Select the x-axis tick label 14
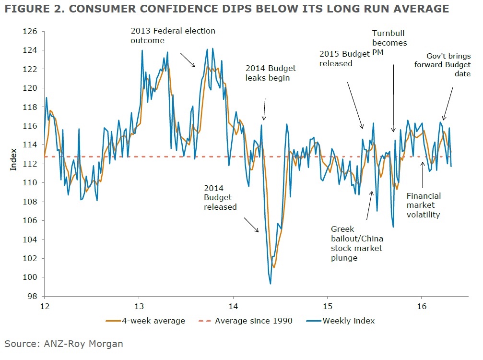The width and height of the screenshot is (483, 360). [233, 306]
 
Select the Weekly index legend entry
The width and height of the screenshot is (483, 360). [343, 321]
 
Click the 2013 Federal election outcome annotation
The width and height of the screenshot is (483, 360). [173, 36]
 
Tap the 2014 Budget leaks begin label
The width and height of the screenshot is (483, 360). [271, 73]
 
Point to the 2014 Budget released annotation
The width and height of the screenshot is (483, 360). [220, 197]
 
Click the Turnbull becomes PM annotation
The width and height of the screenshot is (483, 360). [389, 43]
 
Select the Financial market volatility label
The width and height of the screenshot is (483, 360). [423, 205]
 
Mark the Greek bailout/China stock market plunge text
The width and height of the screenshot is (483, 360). [357, 243]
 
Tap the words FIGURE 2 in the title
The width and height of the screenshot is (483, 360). [35, 9]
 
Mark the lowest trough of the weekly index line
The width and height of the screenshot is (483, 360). [271, 284]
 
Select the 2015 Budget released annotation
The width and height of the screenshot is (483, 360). [344, 59]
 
